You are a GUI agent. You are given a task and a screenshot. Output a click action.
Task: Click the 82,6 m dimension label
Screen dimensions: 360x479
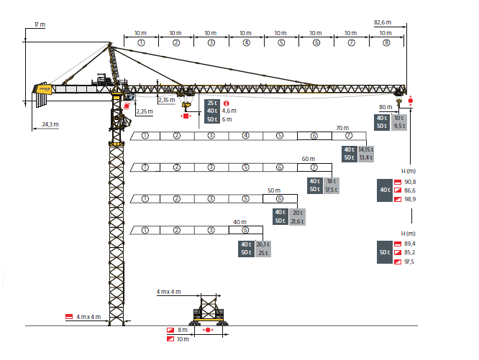[381, 22]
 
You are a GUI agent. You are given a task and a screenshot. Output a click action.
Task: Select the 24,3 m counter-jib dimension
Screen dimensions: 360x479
[50, 124]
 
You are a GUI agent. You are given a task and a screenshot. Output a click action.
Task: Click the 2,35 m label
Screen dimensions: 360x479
[166, 101]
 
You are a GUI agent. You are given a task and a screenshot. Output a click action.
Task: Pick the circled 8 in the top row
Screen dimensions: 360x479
[386, 43]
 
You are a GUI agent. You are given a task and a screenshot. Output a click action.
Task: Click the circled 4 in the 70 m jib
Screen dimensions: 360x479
[245, 136]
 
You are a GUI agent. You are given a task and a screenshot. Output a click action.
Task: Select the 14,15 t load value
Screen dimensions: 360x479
[366, 149]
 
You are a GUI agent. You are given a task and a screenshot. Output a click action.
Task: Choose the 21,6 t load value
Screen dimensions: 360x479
[296, 221]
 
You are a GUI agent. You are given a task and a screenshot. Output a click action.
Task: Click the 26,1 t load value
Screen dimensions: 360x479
[263, 244]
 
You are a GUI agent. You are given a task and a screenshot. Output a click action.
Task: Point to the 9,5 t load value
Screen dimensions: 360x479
[400, 126]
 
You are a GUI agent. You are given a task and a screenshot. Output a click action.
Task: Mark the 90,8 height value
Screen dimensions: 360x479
[411, 182]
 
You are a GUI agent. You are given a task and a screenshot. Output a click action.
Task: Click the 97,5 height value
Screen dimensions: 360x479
[411, 261]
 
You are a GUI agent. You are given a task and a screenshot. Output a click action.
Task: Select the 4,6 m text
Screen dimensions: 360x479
[229, 111]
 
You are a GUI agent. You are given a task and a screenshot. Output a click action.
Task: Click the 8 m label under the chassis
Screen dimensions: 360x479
[182, 330]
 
